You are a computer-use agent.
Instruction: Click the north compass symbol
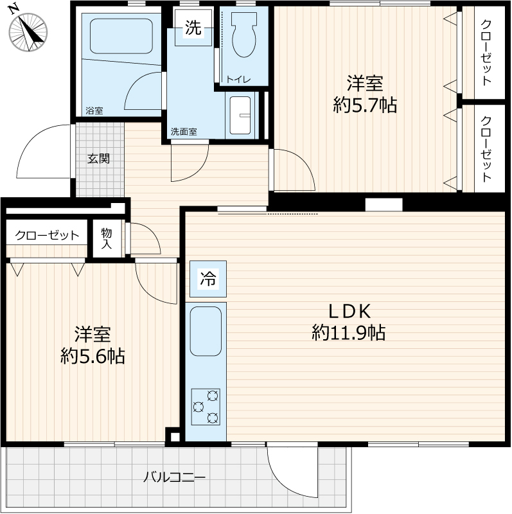coord(28,32)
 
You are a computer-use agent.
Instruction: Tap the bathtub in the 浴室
coord(121,36)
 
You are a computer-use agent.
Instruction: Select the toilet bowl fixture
coord(244,35)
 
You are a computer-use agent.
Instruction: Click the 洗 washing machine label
coord(193,28)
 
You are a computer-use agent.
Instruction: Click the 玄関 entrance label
coord(98,159)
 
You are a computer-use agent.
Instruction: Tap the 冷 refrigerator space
coord(207,279)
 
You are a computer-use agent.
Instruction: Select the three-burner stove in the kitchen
coord(206,407)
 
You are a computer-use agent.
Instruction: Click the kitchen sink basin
coord(206,331)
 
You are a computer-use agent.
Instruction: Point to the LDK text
coord(349,311)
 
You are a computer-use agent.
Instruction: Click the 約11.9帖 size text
coord(348,332)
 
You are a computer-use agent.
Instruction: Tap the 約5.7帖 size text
coord(365,105)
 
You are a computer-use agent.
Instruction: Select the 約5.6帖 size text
coord(93,356)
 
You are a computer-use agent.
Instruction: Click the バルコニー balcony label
coord(174,477)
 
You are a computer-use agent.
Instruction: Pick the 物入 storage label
coord(106,238)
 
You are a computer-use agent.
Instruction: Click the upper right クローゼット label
coord(486,53)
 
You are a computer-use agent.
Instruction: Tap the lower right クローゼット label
coord(486,149)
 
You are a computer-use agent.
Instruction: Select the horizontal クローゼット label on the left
coord(47,235)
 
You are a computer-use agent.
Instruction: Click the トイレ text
coord(238,79)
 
